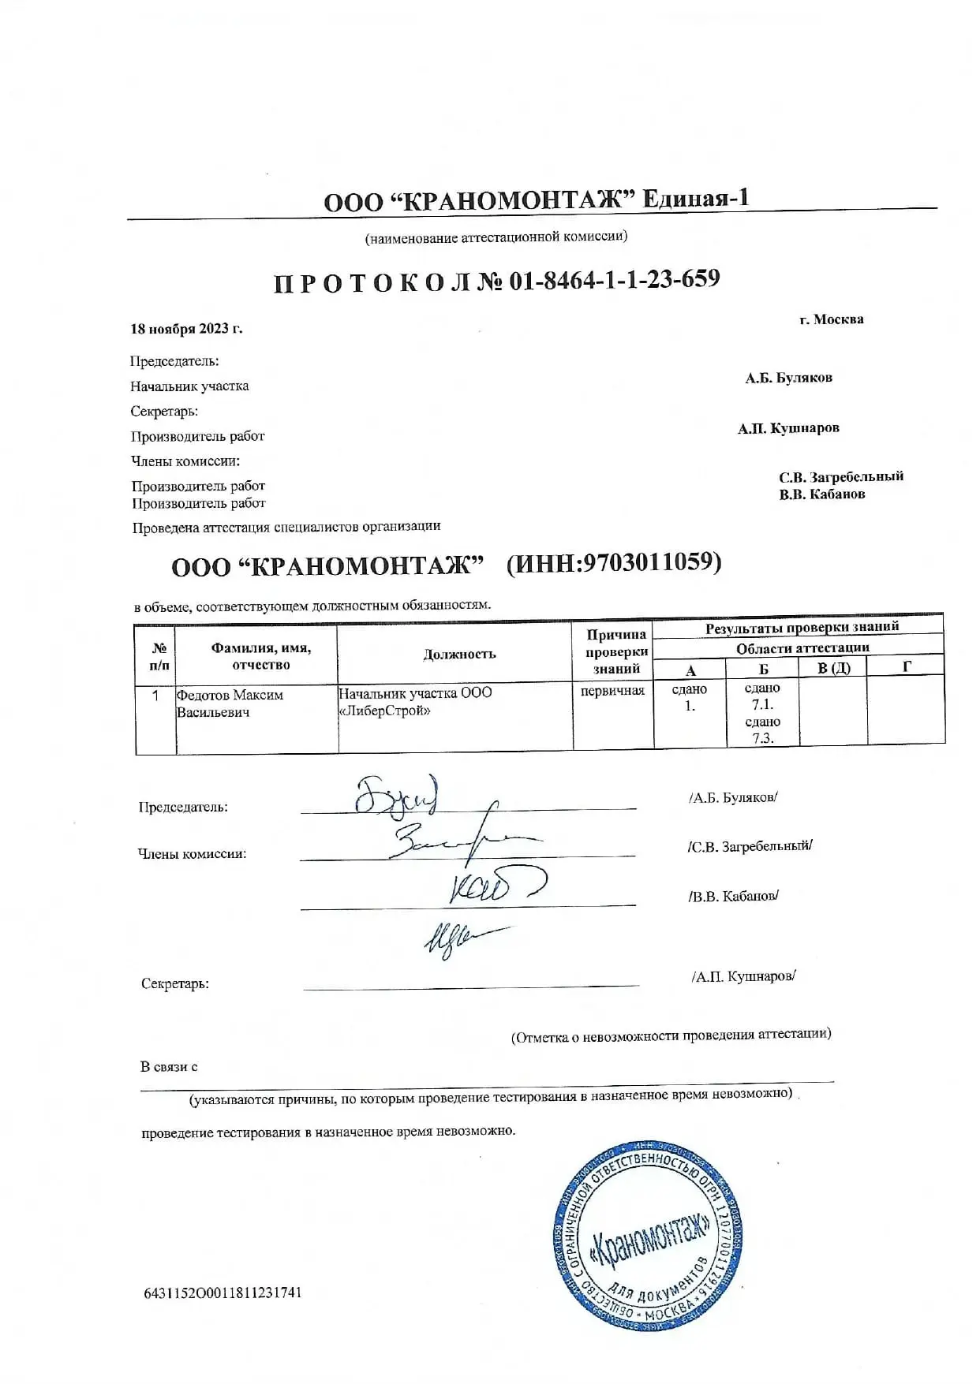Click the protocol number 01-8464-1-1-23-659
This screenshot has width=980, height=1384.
click(x=614, y=279)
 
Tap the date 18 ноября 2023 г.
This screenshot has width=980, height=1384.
click(x=186, y=329)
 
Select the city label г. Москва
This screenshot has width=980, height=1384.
click(x=831, y=319)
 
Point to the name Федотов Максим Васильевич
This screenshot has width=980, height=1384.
click(x=229, y=703)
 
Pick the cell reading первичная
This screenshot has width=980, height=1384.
click(x=612, y=691)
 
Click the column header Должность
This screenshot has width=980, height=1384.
click(x=459, y=654)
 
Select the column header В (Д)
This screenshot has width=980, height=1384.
click(x=833, y=669)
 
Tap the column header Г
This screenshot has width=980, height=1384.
click(x=907, y=667)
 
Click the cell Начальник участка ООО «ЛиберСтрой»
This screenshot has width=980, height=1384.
click(x=415, y=701)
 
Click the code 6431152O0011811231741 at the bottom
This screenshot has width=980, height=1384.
click(x=223, y=1293)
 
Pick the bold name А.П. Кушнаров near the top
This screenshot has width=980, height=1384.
click(x=788, y=428)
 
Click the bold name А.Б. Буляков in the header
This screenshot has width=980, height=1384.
click(x=788, y=378)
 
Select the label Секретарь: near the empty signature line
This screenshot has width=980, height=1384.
click(x=175, y=983)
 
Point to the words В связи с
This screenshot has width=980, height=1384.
click(x=169, y=1067)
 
